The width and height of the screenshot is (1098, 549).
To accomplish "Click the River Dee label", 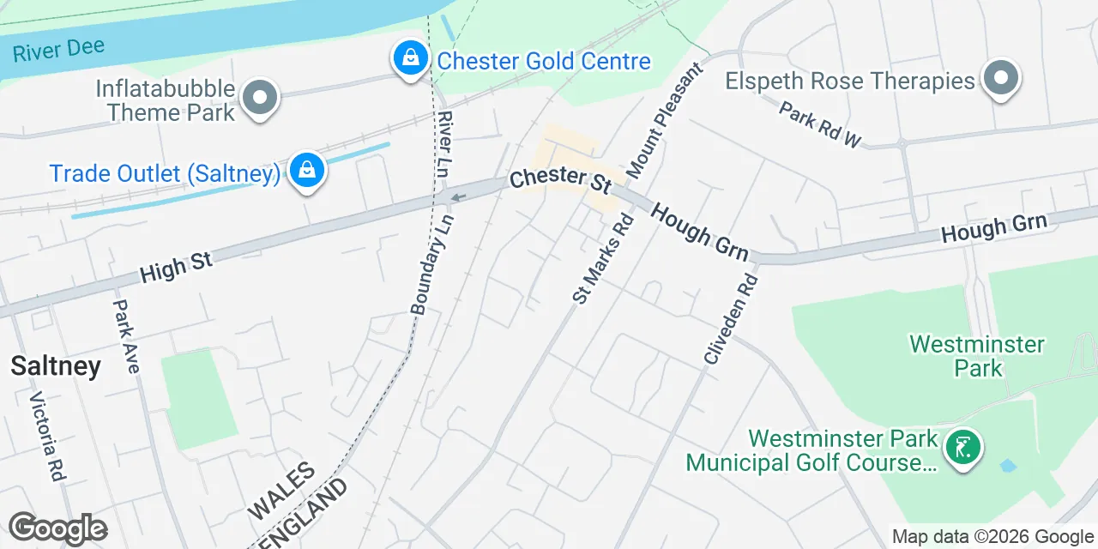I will click(58, 49).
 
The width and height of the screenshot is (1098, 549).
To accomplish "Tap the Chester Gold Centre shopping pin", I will click(411, 59).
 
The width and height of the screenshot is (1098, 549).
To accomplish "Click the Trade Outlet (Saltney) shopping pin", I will click(305, 171).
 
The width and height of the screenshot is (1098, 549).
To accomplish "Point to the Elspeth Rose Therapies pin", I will click(1000, 80).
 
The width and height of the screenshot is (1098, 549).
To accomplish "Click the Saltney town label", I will click(56, 366).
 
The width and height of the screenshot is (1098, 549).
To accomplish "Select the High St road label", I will click(176, 267).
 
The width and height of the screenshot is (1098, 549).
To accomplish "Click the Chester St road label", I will click(559, 179).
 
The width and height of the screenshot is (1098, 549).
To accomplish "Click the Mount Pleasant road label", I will click(665, 120).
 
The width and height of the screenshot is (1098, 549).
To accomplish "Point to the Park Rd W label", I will click(820, 124).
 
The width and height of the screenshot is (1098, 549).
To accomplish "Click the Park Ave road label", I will click(126, 335).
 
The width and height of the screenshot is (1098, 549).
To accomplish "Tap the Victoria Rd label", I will click(48, 436).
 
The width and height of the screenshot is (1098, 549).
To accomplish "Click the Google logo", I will click(57, 528).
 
